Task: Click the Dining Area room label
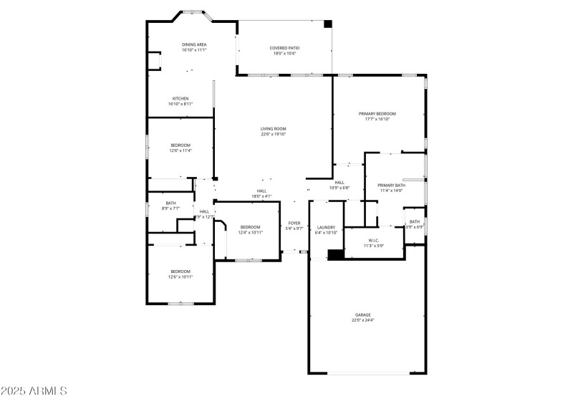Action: point(194,45)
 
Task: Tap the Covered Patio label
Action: point(284,48)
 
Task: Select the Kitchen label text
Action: point(180,99)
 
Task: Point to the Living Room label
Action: point(273,129)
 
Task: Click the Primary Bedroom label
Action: point(377,114)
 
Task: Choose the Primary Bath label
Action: point(391,186)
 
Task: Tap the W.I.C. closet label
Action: point(373,241)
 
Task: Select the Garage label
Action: point(363,314)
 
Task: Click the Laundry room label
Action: point(327,227)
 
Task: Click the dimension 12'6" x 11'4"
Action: point(180,151)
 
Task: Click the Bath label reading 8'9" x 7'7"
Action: point(170,206)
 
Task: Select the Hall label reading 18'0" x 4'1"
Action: point(261,193)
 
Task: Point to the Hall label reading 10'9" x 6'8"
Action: point(339,185)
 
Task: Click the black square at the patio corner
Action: point(328,24)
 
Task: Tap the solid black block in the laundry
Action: point(335,254)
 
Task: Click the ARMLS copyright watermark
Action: point(34,391)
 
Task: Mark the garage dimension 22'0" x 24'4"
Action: point(363,320)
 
